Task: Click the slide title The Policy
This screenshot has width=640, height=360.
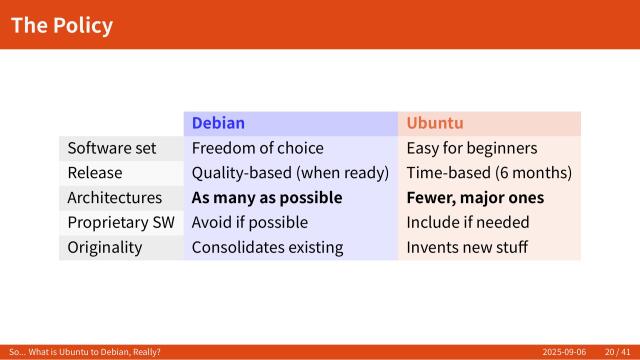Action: pyautogui.click(x=62, y=25)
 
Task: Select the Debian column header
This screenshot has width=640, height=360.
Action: pyautogui.click(x=218, y=123)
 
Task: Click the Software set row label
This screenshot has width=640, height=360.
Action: pyautogui.click(x=112, y=148)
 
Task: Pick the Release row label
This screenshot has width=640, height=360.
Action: pyautogui.click(x=95, y=173)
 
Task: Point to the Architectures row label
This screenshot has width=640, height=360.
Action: pyautogui.click(x=114, y=198)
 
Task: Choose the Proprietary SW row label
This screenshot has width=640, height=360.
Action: pyautogui.click(x=116, y=222)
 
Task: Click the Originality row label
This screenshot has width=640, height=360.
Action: pyautogui.click(x=104, y=247)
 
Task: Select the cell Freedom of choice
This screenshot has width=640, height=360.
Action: pyautogui.click(x=257, y=148)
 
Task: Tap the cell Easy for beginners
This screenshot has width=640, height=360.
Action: pyautogui.click(x=471, y=148)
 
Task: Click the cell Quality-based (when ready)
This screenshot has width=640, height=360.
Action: pyautogui.click(x=290, y=173)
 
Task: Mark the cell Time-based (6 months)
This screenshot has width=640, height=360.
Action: pyautogui.click(x=489, y=173)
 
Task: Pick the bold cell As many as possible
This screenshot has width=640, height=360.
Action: pyautogui.click(x=267, y=198)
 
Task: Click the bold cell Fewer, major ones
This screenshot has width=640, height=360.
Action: pyautogui.click(x=475, y=198)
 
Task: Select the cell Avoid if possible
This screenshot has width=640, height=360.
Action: pyautogui.click(x=249, y=222)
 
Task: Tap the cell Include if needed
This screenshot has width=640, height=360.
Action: pyautogui.click(x=467, y=222)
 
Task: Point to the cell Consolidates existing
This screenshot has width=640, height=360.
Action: pyautogui.click(x=267, y=247)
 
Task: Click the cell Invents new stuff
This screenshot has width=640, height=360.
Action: pyautogui.click(x=466, y=247)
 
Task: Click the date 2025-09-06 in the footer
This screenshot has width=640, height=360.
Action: pyautogui.click(x=565, y=352)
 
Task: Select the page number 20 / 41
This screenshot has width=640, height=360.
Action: pyautogui.click(x=617, y=352)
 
